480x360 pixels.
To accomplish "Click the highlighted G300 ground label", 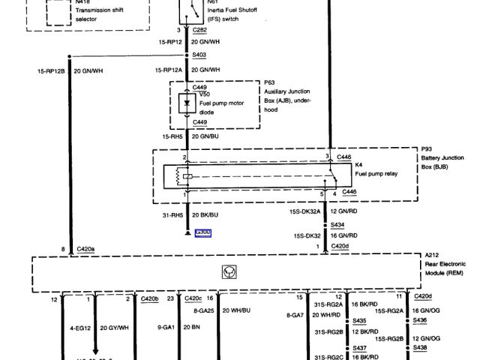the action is pyautogui.click(x=202, y=232).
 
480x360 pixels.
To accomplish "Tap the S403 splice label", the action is pyautogui.click(x=199, y=55).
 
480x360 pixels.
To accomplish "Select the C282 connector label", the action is pyautogui.click(x=199, y=29).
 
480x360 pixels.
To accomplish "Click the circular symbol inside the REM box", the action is pyautogui.click(x=228, y=271).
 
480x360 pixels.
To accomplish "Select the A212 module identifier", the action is pyautogui.click(x=432, y=255).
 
